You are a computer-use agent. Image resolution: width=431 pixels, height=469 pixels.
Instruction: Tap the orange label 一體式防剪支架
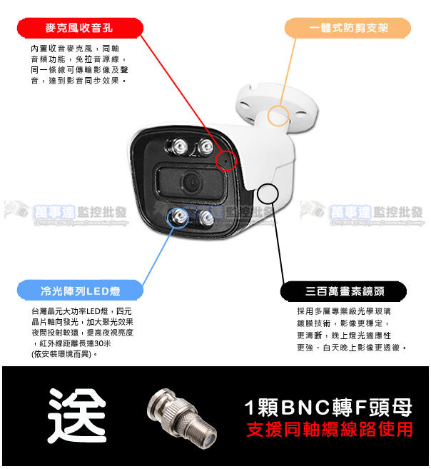click(x=349, y=29)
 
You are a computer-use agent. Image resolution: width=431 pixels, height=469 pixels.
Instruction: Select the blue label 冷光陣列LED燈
click(x=80, y=291)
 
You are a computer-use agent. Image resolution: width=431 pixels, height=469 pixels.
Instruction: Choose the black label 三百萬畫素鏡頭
click(x=344, y=291)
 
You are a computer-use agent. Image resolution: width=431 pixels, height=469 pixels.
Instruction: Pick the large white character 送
click(x=76, y=416)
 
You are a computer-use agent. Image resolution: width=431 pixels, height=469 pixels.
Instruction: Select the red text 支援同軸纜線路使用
click(x=329, y=430)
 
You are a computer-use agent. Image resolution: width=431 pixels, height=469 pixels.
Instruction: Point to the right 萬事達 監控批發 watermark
click(x=367, y=212)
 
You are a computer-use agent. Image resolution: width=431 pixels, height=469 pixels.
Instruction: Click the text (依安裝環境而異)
click(x=64, y=353)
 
